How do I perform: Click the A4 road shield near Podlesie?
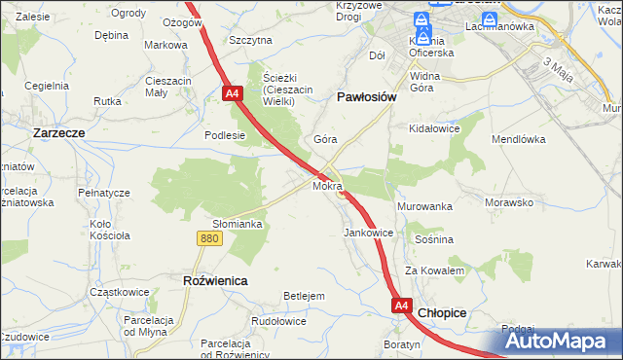point(232,94)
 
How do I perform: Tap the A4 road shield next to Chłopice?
point(403,306)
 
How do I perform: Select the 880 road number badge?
point(207,237)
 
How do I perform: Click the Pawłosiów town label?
point(366,97)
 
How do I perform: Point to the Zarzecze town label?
point(60,131)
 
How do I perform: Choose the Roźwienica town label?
point(215,280)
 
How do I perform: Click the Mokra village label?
point(328,185)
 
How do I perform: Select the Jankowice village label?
point(369,234)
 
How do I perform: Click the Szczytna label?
point(250,40)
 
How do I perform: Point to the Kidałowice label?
point(435,128)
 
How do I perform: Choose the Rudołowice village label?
point(278,321)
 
